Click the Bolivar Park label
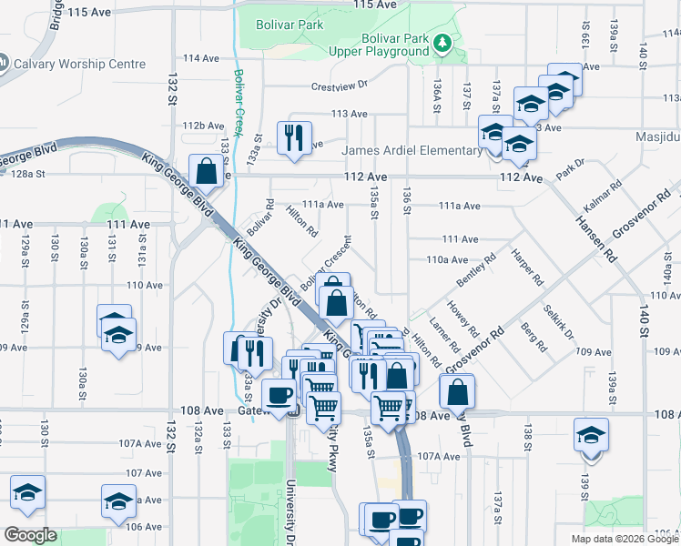pyautogui.click(x=290, y=25)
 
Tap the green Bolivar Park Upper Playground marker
pyautogui.click(x=442, y=42)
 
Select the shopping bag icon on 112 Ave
pyautogui.click(x=207, y=170)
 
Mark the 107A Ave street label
pyautogui.click(x=440, y=456)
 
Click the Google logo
pyautogui.click(x=29, y=535)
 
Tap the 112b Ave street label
pyautogui.click(x=203, y=126)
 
